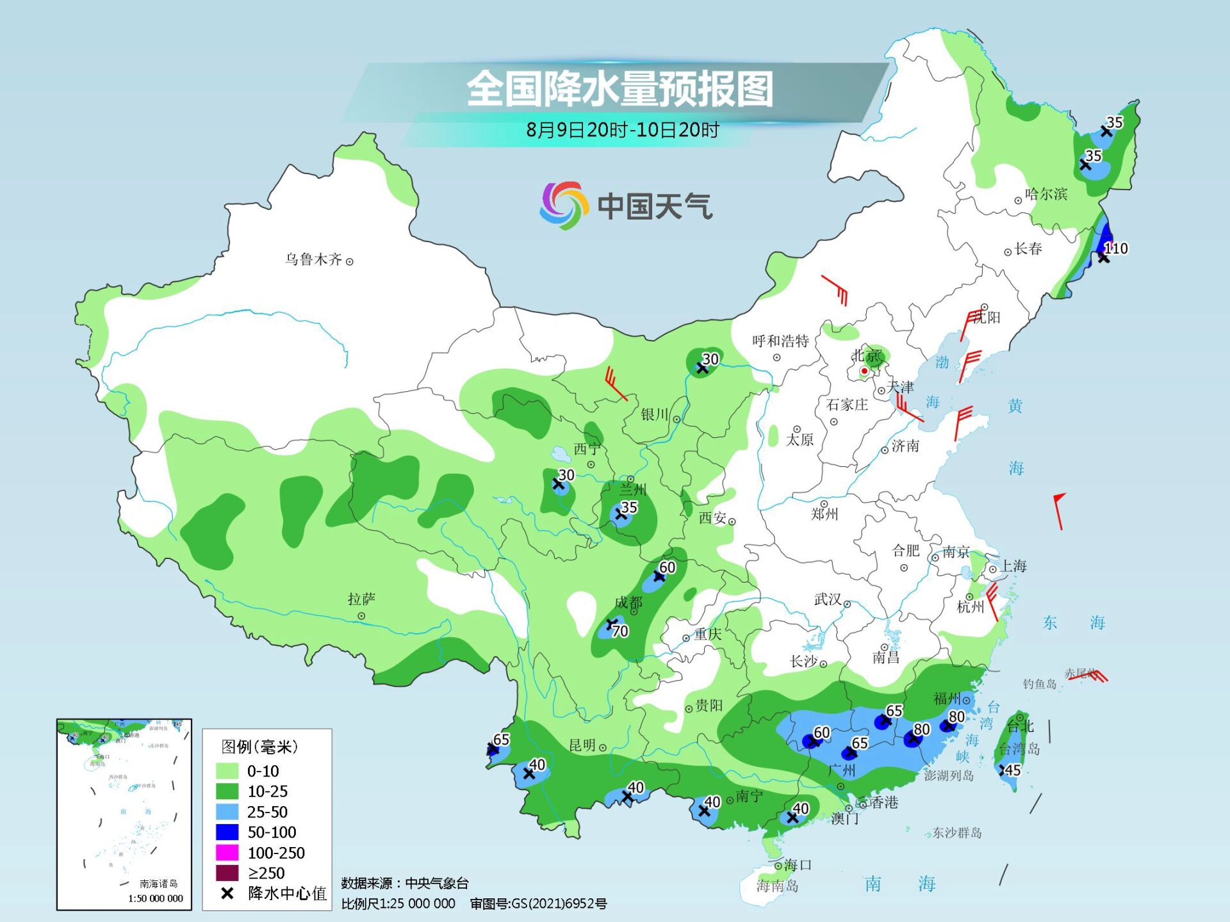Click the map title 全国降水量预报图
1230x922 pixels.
coord(619,89)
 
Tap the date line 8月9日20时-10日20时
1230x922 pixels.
coord(622,130)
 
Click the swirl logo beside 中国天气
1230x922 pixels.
coord(563,206)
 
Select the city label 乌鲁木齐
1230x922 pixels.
coord(313,259)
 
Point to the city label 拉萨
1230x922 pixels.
coord(361,599)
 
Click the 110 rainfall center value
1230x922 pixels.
coord(1116,248)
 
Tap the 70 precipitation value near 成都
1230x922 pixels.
coord(620,631)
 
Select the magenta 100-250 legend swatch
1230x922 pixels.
coord(227,853)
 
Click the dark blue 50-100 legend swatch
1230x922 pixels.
coord(227,832)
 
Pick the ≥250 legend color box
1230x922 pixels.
coord(227,873)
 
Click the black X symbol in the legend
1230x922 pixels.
coord(227,894)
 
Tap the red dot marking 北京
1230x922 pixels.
coord(864,371)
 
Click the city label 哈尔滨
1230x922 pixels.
coord(1045,194)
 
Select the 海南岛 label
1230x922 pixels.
coord(777,886)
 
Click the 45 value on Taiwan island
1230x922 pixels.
coord(1013,770)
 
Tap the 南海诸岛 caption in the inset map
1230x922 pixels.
coord(158,884)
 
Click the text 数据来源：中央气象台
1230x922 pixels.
coord(404,884)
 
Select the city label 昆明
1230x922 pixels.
coord(582,745)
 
